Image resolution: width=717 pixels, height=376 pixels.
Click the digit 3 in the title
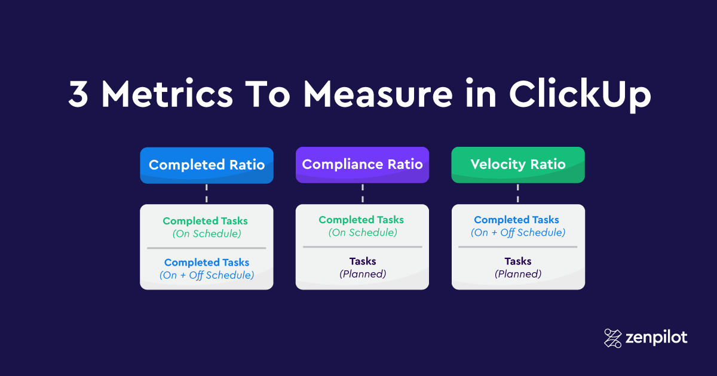(x=78, y=94)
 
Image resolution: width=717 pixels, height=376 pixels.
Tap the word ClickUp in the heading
(x=580, y=95)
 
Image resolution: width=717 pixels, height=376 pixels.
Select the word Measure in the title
(x=378, y=94)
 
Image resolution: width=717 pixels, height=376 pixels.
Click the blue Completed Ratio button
(x=207, y=165)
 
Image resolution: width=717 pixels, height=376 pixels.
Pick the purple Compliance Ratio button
(x=362, y=165)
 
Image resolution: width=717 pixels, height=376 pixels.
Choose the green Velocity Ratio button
(x=518, y=165)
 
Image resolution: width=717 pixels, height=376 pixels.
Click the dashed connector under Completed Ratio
(x=207, y=193)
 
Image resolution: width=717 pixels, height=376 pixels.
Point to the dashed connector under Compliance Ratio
(x=362, y=193)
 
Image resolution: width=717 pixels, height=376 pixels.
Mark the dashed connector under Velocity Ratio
(x=517, y=193)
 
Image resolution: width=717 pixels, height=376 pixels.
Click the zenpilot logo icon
(x=612, y=338)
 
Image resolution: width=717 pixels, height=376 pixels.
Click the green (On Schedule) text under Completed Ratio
(x=207, y=234)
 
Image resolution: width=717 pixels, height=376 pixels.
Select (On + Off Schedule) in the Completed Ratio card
(x=207, y=275)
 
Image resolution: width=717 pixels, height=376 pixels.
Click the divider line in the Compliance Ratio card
(x=362, y=247)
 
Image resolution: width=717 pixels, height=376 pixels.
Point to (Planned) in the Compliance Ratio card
(x=363, y=274)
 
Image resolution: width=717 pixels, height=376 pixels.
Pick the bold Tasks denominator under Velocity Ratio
(x=518, y=261)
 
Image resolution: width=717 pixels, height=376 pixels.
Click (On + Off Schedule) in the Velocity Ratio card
(x=518, y=232)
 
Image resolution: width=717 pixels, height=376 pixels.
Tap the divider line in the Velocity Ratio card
(x=517, y=247)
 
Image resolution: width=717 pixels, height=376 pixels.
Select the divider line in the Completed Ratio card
(x=207, y=248)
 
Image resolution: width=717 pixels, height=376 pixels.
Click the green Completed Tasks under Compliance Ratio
(x=361, y=220)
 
